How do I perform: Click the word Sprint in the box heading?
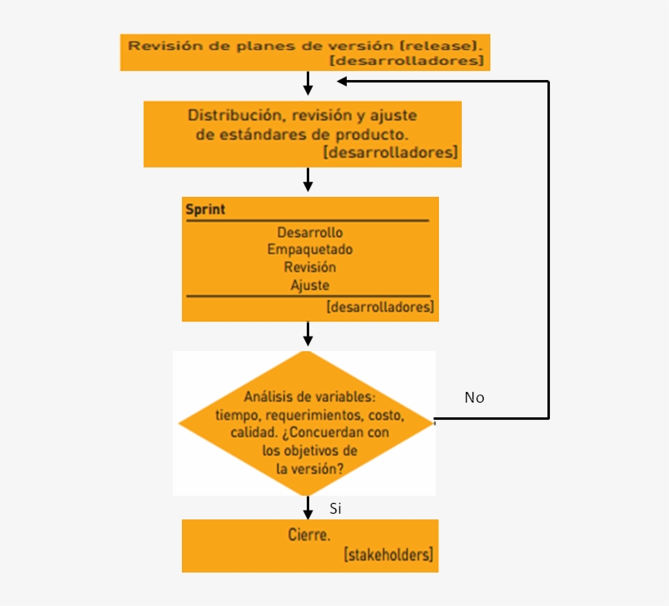tap(206, 209)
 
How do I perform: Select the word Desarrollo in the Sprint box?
tap(309, 233)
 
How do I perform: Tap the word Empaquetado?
tap(310, 250)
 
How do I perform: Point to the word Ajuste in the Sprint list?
tap(310, 285)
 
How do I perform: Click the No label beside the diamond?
tap(474, 398)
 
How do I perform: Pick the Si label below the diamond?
tap(335, 509)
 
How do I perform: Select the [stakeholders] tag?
tap(388, 555)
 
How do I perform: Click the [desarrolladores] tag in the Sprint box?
tap(379, 307)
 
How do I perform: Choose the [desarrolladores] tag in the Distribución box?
tap(390, 152)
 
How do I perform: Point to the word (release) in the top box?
tap(441, 45)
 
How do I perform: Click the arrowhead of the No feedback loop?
tap(343, 81)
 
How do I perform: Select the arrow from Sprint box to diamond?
tap(308, 333)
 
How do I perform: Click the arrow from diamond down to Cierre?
tap(308, 507)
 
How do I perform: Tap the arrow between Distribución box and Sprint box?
tap(308, 180)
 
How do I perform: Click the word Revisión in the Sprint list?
tap(310, 267)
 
